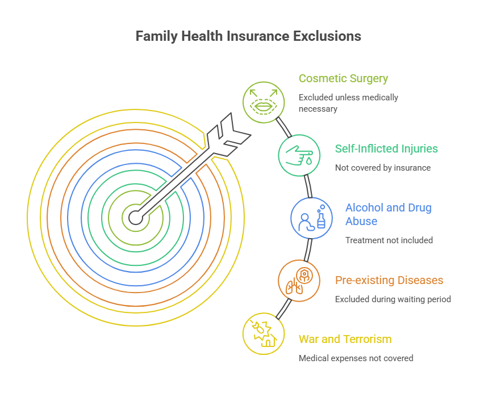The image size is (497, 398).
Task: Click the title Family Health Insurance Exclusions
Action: pyautogui.click(x=248, y=36)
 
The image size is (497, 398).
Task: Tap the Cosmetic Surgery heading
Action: pyautogui.click(x=343, y=78)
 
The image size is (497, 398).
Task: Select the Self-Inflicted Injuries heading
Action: pyautogui.click(x=386, y=149)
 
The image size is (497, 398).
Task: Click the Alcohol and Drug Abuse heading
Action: pyautogui.click(x=389, y=214)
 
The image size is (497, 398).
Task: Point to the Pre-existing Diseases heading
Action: pyautogui.click(x=389, y=280)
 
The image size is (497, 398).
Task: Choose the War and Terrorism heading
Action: pyautogui.click(x=345, y=339)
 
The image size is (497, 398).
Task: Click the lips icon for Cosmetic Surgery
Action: pyautogui.click(x=264, y=102)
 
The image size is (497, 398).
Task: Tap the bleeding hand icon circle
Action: pyautogui.click(x=299, y=155)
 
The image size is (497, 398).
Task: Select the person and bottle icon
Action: pyautogui.click(x=312, y=218)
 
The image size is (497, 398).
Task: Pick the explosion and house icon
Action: pyautogui.click(x=264, y=334)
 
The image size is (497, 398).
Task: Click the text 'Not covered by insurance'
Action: pyautogui.click(x=383, y=168)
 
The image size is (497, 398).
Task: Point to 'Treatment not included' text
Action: pyautogui.click(x=389, y=240)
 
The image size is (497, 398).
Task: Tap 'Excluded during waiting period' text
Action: pyautogui.click(x=392, y=299)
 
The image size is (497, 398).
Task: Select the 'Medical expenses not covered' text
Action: pyautogui.click(x=356, y=358)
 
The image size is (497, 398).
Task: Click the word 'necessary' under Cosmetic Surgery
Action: pyautogui.click(x=318, y=109)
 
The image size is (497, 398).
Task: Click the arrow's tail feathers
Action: pyautogui.click(x=229, y=135)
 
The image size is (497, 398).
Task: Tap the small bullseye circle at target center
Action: pyautogui.click(x=136, y=218)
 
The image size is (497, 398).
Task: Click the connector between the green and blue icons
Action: pyautogui.click(x=308, y=187)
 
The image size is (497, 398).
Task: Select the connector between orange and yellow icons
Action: pyautogui.click(x=283, y=309)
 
